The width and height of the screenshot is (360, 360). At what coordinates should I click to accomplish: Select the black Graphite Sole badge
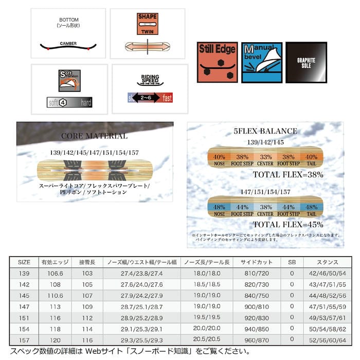pyautogui.click(x=306, y=63)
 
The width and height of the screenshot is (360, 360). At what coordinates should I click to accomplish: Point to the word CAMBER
pyautogui.click(x=68, y=44)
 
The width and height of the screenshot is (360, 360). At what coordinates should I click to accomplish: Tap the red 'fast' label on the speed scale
pyautogui.click(x=166, y=97)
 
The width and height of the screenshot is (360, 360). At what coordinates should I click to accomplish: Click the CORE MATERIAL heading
pyautogui.click(x=94, y=136)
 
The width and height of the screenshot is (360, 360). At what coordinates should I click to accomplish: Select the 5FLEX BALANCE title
pyautogui.click(x=265, y=131)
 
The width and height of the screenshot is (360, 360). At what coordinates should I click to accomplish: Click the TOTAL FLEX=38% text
pyautogui.click(x=287, y=175)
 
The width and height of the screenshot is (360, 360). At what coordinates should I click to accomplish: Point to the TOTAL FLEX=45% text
pyautogui.click(x=287, y=224)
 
